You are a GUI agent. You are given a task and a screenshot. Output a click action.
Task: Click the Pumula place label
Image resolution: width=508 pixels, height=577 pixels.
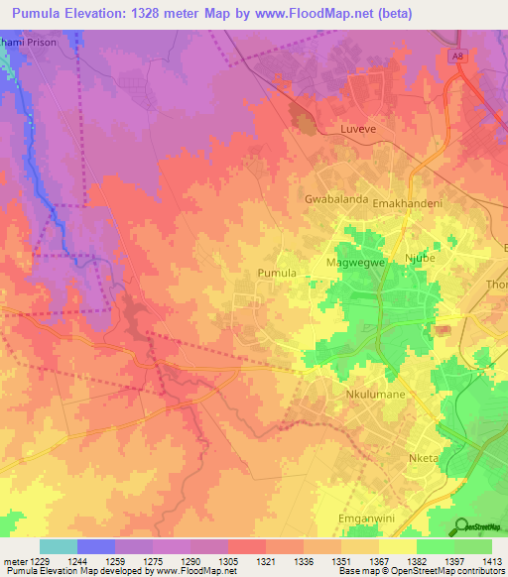(277, 272)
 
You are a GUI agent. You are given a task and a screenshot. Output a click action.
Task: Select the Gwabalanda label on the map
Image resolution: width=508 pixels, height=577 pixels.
(336, 199)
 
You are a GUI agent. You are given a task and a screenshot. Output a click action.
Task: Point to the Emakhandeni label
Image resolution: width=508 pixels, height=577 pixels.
(411, 199)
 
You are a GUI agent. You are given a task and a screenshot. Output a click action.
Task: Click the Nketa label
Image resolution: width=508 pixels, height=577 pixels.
(424, 458)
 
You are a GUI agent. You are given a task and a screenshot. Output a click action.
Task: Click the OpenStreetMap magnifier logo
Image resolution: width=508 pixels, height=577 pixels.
(461, 526)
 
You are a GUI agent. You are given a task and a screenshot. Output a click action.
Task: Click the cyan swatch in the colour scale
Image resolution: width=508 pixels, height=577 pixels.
(59, 546)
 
